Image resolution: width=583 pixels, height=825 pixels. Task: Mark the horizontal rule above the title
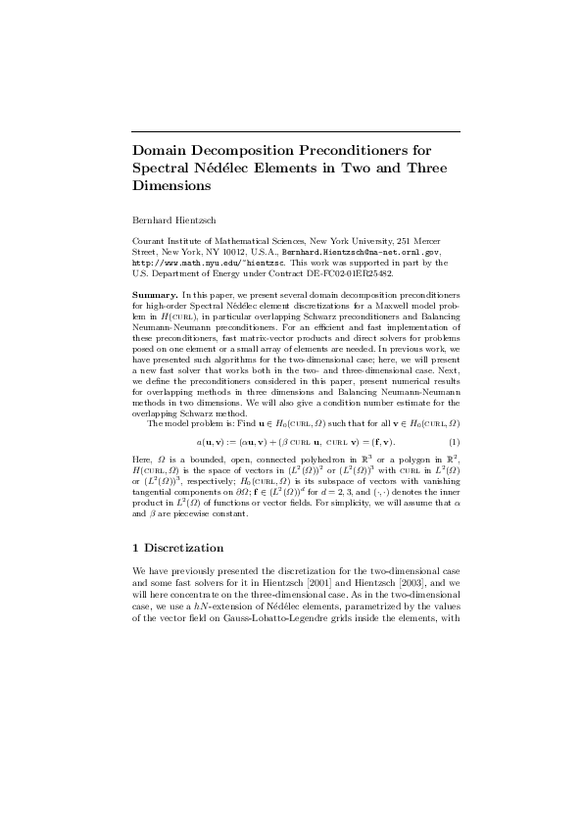pyautogui.click(x=296, y=129)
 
